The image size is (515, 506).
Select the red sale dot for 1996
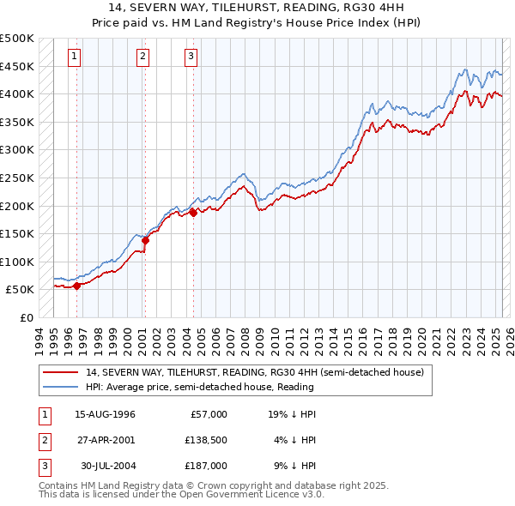click(77, 286)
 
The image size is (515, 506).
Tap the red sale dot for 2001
click(145, 240)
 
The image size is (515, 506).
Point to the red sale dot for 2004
click(193, 213)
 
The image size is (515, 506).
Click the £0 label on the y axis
click(27, 317)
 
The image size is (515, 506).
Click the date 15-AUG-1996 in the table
click(105, 414)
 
